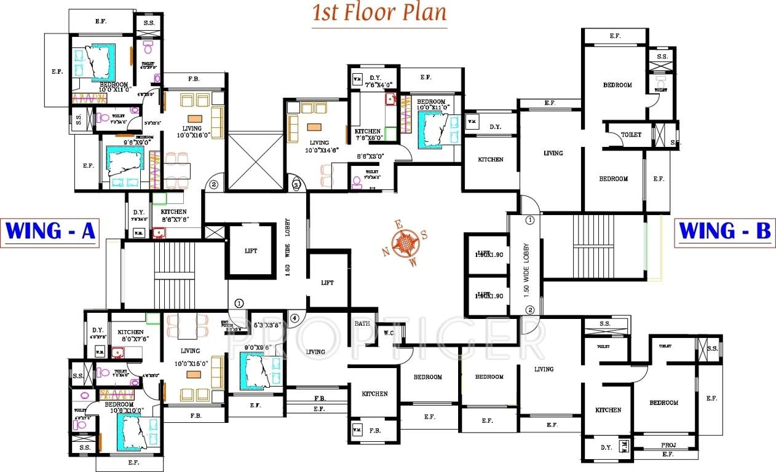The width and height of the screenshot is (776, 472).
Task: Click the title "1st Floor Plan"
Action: (379, 14)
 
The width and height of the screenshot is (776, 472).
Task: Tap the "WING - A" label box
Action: (50, 232)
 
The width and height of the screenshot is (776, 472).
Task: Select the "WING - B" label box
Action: (724, 232)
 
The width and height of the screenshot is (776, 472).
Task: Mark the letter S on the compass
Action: (424, 235)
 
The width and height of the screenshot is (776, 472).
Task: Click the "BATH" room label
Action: (362, 323)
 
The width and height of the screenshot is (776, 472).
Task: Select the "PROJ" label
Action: (668, 444)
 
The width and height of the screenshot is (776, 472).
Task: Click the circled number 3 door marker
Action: (296, 184)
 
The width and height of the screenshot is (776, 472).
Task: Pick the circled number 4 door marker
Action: (295, 318)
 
